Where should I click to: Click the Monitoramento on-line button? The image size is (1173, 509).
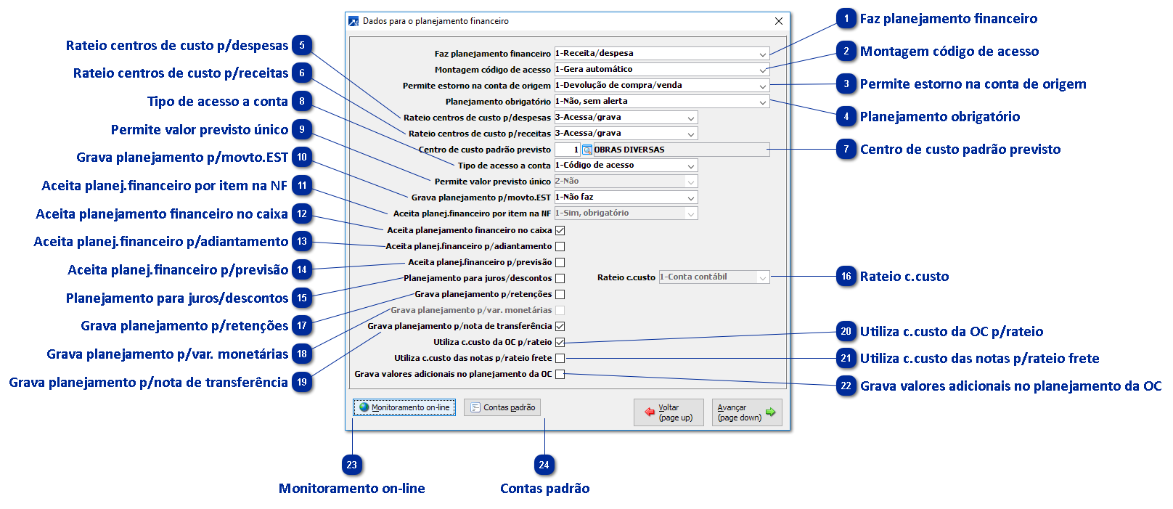pos(404,407)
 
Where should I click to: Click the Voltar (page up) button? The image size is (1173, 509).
pos(669,412)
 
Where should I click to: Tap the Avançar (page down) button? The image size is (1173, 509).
pos(746,412)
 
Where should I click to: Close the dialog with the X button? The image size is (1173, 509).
pos(779,21)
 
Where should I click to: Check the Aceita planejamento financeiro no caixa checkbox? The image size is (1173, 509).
pos(560,230)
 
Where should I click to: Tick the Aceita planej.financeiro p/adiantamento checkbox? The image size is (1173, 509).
pos(560,246)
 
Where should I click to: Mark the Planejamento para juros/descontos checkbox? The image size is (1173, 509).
pos(560,278)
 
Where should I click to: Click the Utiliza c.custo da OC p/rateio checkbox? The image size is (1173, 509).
pos(560,342)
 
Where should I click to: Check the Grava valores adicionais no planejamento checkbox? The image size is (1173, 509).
pos(560,374)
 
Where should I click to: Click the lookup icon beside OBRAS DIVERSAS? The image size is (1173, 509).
pos(586,150)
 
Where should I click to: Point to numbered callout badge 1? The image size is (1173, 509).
pos(846,19)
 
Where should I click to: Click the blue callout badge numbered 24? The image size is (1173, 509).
pos(544,465)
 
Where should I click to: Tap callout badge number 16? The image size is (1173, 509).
pos(846,277)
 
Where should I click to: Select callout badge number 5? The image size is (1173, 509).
pos(302,46)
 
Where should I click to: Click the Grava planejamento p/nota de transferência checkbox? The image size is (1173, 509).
pos(560,326)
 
